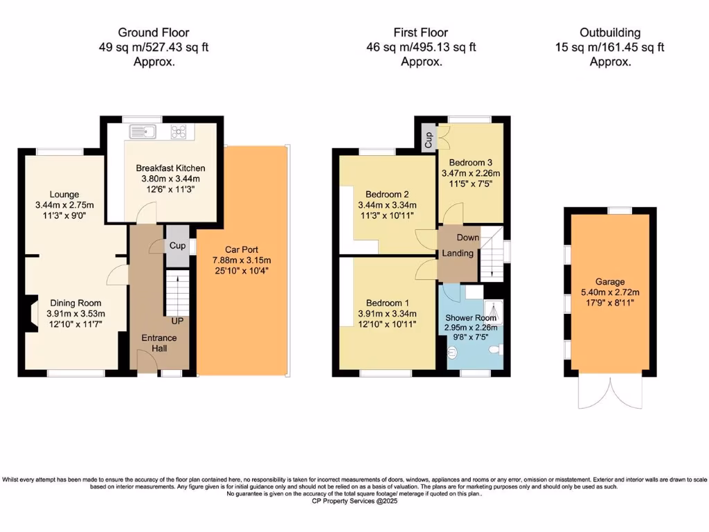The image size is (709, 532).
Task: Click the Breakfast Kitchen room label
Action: tap(170, 168)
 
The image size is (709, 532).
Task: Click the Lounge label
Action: tap(64, 194)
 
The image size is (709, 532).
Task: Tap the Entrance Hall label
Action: tap(159, 344)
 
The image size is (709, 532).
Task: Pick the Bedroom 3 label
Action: tap(471, 162)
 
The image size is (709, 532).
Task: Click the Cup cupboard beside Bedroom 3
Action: tap(429, 136)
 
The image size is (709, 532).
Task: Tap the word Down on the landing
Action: tap(468, 238)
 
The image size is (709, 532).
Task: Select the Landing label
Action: tap(458, 253)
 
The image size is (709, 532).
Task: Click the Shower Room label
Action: tap(471, 318)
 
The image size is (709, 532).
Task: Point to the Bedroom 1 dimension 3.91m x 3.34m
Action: tap(387, 314)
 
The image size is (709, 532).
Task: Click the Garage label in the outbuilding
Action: tap(610, 282)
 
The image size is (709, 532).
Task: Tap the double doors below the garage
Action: tap(610, 393)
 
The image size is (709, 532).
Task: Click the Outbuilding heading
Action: tap(610, 33)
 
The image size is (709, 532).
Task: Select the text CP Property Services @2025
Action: tap(354, 501)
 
